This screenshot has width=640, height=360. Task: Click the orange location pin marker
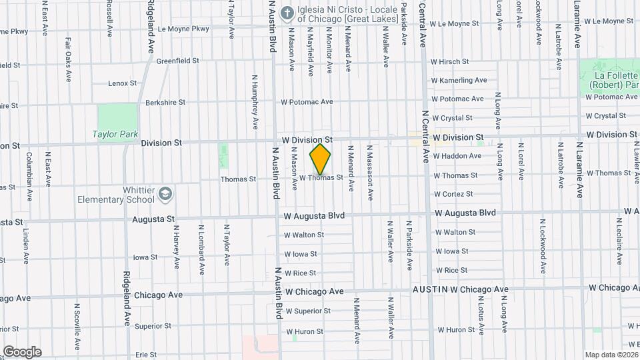(x=321, y=159)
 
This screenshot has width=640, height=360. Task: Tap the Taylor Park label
(x=115, y=134)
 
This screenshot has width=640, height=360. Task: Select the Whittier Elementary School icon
(x=165, y=195)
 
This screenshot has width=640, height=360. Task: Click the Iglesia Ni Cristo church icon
(x=287, y=13)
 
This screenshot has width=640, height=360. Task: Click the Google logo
(x=22, y=351)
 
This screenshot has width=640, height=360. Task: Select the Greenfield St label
(x=178, y=61)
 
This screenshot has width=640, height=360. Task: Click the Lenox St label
(x=123, y=83)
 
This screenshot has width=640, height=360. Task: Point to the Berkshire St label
(x=163, y=103)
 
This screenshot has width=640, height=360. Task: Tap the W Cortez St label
(x=453, y=194)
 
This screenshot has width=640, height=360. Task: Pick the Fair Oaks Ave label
(x=68, y=59)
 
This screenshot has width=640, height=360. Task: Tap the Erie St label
(x=145, y=355)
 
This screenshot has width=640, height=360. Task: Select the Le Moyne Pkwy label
(x=183, y=29)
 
